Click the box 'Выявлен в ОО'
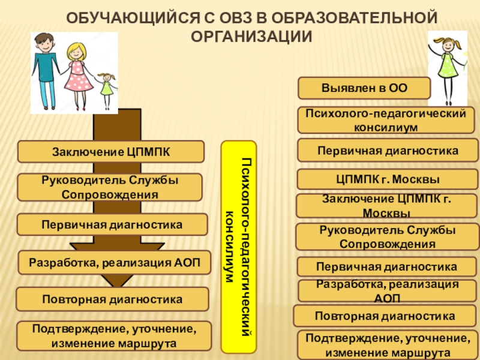[364, 88]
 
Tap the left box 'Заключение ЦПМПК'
[110, 151]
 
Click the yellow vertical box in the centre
[239, 247]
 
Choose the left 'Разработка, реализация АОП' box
[114, 262]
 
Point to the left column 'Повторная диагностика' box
[112, 298]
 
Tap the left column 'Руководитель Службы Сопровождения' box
[109, 187]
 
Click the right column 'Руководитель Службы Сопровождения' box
[387, 237]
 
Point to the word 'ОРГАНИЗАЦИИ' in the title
[251, 36]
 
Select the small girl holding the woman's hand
[106, 89]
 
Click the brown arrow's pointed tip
[117, 287]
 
